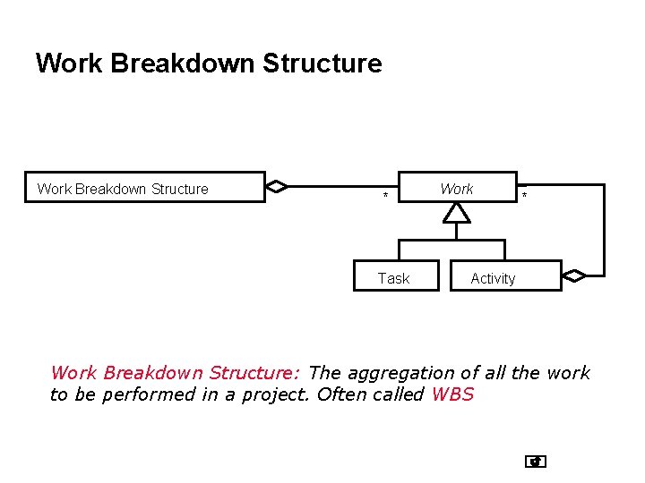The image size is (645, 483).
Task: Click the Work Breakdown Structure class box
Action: pyautogui.click(x=144, y=188)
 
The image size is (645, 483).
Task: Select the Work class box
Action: pyautogui.click(x=457, y=187)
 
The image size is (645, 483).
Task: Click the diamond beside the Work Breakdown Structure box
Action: pyautogui.click(x=278, y=187)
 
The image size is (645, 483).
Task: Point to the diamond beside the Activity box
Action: pyautogui.click(x=573, y=276)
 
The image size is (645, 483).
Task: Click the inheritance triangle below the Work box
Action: pyautogui.click(x=457, y=212)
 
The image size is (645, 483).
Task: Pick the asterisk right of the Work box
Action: pyautogui.click(x=525, y=196)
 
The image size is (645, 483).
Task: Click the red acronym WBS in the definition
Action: pyautogui.click(x=452, y=394)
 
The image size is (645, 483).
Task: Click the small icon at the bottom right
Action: pyautogui.click(x=536, y=462)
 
